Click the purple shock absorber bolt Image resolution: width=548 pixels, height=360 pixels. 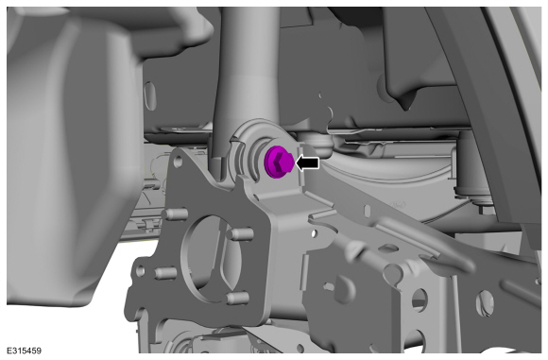pyautogui.click(x=278, y=162)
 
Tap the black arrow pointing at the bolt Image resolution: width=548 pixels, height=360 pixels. pyautogui.click(x=308, y=163)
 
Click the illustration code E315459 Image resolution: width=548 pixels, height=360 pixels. pyautogui.click(x=24, y=351)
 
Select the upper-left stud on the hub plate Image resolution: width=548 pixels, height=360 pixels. pyautogui.click(x=177, y=214)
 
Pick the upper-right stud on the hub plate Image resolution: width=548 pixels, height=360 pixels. pyautogui.click(x=240, y=233)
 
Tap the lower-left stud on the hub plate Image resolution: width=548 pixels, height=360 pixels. pyautogui.click(x=165, y=273)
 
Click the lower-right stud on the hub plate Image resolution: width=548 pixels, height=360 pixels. pyautogui.click(x=238, y=299)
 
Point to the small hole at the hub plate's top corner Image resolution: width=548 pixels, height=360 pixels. pyautogui.click(x=178, y=161)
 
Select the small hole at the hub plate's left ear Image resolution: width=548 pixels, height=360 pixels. pyautogui.click(x=141, y=270)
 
